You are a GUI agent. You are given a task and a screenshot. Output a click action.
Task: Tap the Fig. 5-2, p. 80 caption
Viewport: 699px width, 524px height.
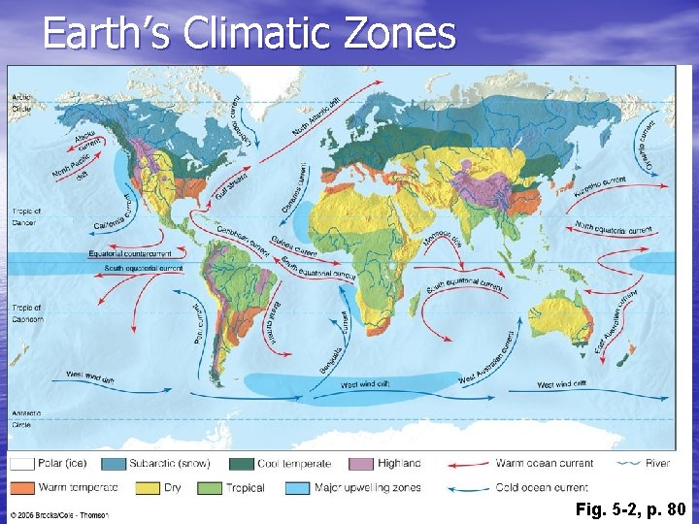click(630, 508)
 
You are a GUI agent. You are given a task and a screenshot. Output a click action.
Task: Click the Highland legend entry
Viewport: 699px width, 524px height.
click(399, 464)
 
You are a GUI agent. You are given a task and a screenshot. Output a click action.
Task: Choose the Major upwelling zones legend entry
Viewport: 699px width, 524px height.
click(367, 487)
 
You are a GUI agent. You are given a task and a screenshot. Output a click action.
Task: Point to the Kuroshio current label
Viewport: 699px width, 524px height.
click(601, 183)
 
